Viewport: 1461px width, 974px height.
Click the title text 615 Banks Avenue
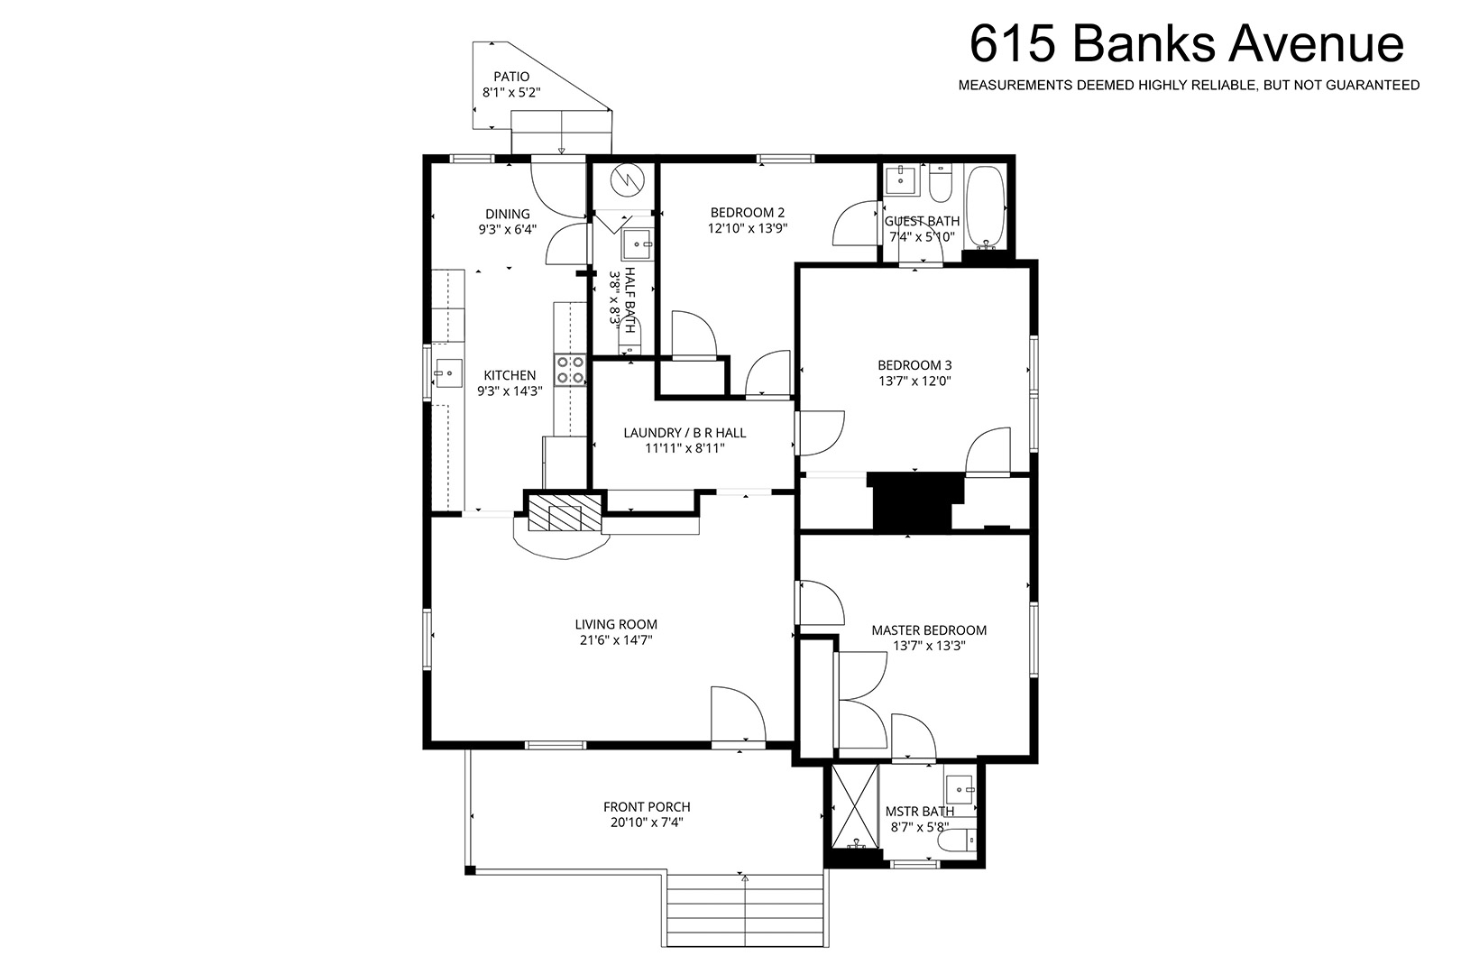(1187, 43)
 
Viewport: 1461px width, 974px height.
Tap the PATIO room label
(511, 77)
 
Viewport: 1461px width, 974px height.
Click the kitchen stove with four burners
(570, 370)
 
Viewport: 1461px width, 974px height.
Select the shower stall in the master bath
(855, 806)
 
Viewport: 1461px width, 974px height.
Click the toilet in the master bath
(958, 841)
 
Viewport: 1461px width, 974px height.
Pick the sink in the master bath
(960, 790)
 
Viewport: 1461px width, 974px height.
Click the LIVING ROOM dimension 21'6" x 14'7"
(616, 640)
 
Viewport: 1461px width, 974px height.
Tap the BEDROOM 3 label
(914, 365)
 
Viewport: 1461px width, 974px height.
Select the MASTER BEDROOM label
(929, 630)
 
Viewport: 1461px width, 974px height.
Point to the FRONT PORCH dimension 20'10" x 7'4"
(647, 822)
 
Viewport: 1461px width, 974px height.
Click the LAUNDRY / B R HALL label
(685, 433)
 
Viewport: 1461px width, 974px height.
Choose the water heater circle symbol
(628, 179)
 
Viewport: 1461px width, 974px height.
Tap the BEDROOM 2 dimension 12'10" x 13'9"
(748, 228)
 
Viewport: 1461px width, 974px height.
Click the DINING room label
(508, 214)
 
